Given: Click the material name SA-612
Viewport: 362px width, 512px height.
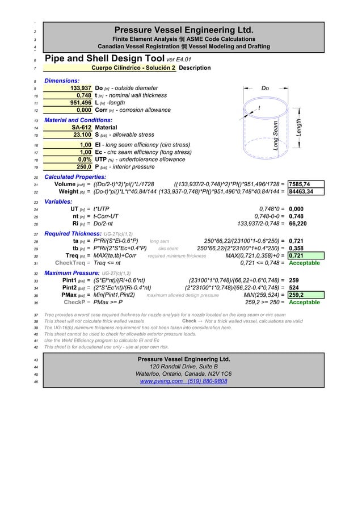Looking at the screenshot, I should point(82,128).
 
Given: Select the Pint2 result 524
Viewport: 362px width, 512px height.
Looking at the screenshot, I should point(294,288).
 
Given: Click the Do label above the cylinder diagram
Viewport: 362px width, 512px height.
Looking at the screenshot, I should point(265,89).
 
